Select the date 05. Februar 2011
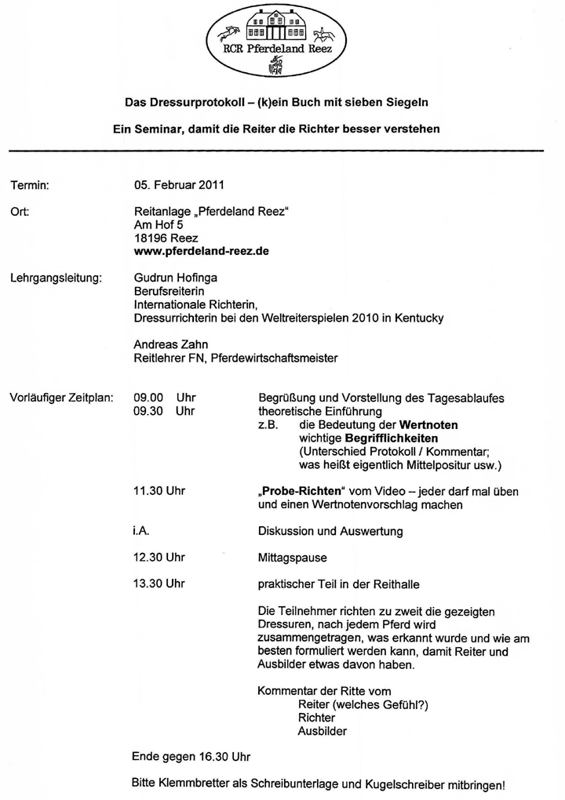pyautogui.click(x=179, y=186)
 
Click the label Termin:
pyautogui.click(x=30, y=186)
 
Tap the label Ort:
pyautogui.click(x=20, y=212)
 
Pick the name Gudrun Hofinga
pyautogui.click(x=175, y=278)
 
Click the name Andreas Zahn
pyautogui.click(x=169, y=344)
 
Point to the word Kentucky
pyautogui.click(x=419, y=318)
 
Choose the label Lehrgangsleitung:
pyautogui.click(x=56, y=278)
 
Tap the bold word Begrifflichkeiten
pyautogui.click(x=391, y=438)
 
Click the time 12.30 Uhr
pyautogui.click(x=159, y=558)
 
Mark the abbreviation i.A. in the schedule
pyautogui.click(x=142, y=531)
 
